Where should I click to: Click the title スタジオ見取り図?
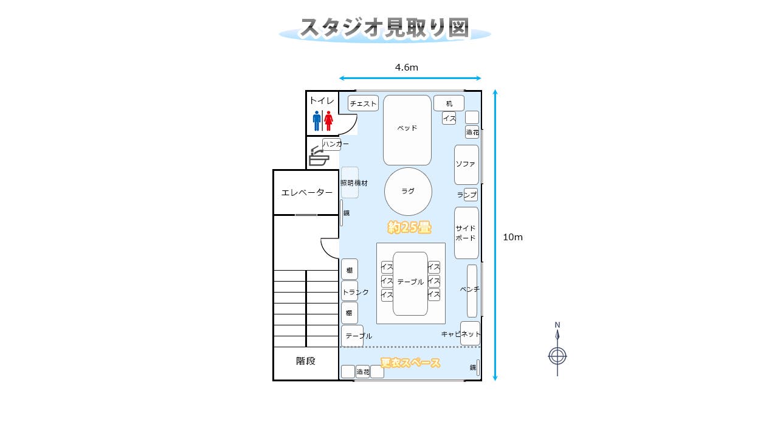[384, 28]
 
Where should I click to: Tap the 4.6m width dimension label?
[406, 68]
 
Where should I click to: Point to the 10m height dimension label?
[512, 237]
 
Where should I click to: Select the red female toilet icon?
[328, 120]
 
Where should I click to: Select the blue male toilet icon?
[317, 120]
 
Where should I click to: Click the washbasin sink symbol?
[319, 158]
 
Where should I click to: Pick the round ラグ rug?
[408, 192]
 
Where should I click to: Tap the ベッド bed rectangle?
[407, 130]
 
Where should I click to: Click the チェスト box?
[364, 103]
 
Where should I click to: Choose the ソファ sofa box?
[466, 165]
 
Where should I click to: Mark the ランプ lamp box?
[468, 195]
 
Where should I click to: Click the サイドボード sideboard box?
[466, 233]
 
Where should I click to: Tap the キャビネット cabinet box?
[469, 333]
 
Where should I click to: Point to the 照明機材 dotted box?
[350, 182]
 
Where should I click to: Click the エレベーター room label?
[306, 193]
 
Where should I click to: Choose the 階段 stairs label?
[306, 361]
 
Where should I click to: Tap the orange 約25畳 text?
[410, 227]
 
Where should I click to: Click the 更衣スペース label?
[410, 363]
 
